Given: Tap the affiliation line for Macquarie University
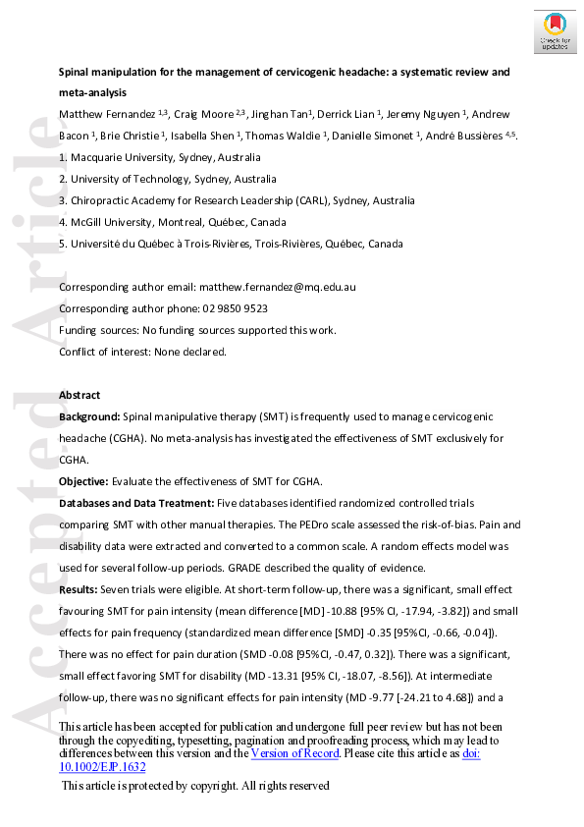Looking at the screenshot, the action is pos(160,157).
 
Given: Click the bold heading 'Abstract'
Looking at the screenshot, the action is pos(80,395).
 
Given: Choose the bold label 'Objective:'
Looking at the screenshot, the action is pos(84,481).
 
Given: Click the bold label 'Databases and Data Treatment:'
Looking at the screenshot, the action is pos(135,503).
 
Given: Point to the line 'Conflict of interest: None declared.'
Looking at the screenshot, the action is pos(143,352).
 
